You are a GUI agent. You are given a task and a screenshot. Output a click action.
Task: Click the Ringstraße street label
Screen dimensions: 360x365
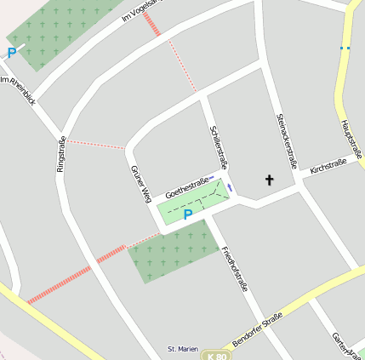click(x=60, y=154)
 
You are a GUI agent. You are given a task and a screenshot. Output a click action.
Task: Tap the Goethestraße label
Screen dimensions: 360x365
click(x=187, y=188)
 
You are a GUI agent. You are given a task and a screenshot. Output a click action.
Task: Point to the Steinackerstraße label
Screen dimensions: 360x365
click(x=286, y=141)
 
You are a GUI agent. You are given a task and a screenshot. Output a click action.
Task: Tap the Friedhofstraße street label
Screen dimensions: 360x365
click(x=234, y=269)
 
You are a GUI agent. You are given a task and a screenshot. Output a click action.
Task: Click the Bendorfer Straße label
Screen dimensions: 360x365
click(x=257, y=329)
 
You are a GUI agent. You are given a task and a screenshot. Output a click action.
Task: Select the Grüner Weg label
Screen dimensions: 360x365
click(x=140, y=185)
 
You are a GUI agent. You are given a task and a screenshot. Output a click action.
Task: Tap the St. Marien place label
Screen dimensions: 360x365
click(x=182, y=349)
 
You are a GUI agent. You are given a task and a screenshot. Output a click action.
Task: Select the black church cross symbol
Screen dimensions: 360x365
click(x=271, y=180)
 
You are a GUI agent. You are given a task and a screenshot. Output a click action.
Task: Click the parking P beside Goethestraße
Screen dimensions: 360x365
click(x=187, y=215)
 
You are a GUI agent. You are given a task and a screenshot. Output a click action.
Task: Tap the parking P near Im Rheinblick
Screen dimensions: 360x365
click(x=11, y=53)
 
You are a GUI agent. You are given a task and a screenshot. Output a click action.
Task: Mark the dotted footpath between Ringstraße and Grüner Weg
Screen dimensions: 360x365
click(x=95, y=144)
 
